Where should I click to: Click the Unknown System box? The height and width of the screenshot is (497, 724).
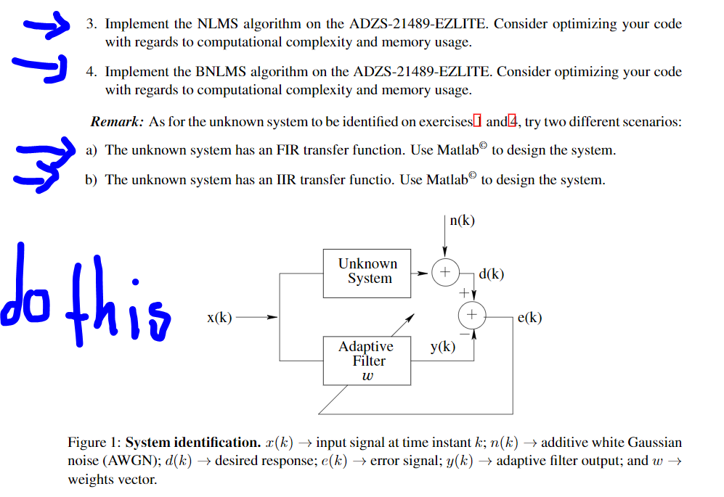point(367,271)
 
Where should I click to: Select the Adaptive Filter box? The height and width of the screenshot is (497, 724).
point(367,360)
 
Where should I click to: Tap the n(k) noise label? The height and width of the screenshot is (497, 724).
point(462,221)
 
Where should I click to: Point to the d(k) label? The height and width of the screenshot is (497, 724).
point(492,274)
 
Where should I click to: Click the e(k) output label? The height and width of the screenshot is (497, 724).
point(529,317)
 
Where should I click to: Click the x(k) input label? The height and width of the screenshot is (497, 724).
point(219,317)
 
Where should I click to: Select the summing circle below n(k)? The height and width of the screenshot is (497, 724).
point(444,272)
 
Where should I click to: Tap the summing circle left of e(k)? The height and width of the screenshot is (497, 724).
point(472,314)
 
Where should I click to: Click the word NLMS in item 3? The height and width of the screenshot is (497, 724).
point(216,24)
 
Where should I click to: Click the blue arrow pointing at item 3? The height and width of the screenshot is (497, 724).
point(45,27)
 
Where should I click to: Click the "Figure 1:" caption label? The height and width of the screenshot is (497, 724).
point(94,443)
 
